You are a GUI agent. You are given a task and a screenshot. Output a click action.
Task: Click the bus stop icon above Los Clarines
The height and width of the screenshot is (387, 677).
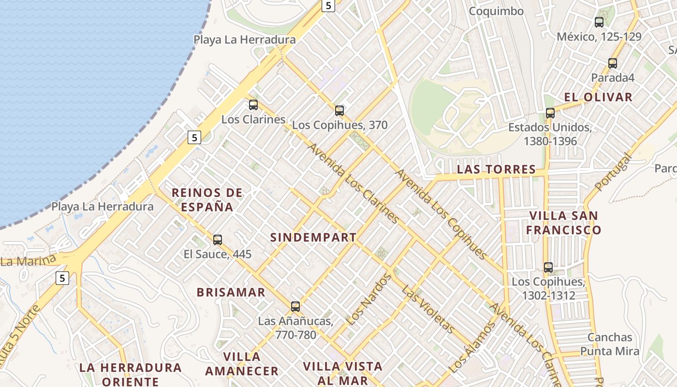[x=253, y=104]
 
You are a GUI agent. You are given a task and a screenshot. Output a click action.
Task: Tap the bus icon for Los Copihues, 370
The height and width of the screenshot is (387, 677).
[x=339, y=110]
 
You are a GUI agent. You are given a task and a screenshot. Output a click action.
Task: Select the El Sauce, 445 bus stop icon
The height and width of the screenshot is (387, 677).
[x=218, y=239]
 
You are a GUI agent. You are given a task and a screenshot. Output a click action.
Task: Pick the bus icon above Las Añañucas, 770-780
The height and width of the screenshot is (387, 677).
[x=295, y=306]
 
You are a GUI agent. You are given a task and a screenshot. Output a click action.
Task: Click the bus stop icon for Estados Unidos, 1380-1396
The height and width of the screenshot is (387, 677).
[x=550, y=113]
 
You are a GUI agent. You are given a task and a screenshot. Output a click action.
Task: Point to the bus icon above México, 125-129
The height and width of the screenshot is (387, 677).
[x=599, y=22]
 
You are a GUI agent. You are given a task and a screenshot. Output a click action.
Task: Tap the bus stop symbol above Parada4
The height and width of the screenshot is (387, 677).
[x=613, y=63]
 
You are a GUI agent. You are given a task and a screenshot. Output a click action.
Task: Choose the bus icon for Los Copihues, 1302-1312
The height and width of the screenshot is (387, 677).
[x=548, y=267]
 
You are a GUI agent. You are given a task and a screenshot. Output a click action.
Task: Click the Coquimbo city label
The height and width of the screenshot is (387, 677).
[x=496, y=11]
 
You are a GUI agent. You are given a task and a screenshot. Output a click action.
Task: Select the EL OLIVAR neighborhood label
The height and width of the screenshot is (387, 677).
[x=598, y=97]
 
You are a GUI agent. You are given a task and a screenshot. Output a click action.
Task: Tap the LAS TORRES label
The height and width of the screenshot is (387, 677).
[x=496, y=170]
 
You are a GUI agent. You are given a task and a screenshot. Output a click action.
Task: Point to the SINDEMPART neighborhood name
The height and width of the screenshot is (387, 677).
[x=313, y=238]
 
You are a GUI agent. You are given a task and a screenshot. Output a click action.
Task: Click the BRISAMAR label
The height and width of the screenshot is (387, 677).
[x=231, y=293]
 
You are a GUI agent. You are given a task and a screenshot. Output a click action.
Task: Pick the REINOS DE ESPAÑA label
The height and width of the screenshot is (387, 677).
[x=207, y=200]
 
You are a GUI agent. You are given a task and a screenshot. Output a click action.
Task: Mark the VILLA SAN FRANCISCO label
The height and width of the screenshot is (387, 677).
[x=563, y=223]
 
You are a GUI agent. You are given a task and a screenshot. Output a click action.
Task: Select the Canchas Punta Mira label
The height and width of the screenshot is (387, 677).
[x=610, y=344]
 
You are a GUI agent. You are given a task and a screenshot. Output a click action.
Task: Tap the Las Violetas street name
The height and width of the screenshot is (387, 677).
[x=428, y=310]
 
